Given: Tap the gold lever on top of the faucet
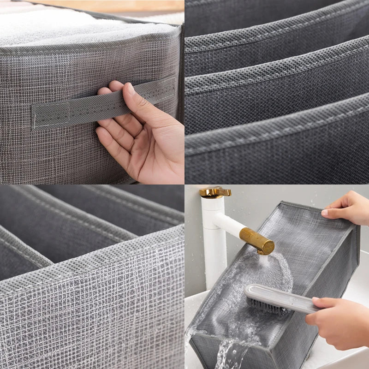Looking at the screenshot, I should pos(214,191).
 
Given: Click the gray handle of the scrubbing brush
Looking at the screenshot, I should pos(281,298).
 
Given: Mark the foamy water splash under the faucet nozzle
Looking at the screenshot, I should pos(272,272).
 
